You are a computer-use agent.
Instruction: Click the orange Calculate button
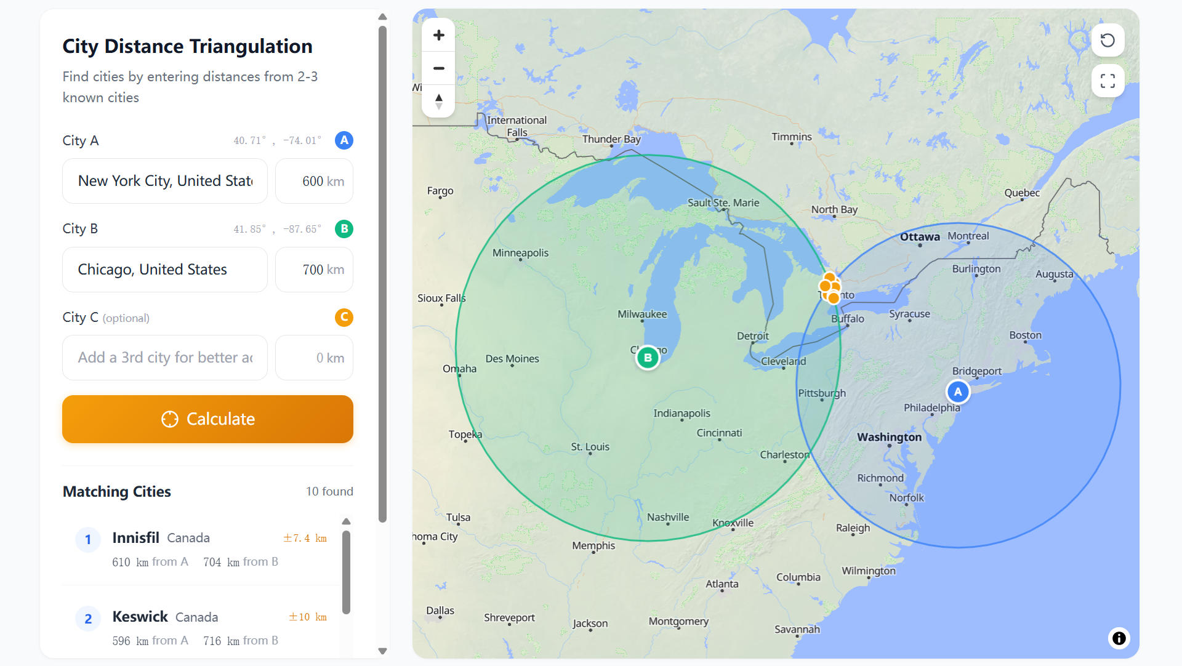tap(207, 419)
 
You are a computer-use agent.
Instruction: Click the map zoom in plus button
tap(438, 35)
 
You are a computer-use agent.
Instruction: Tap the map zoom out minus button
tap(438, 68)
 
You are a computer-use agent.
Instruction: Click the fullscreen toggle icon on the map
tap(1108, 81)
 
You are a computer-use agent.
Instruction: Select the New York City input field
tap(165, 181)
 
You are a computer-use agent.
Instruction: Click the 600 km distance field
tap(314, 181)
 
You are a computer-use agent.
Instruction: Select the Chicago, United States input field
tap(165, 270)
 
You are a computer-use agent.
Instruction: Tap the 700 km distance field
tap(314, 270)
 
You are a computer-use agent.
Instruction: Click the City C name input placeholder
tap(165, 358)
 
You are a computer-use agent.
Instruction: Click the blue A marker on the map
tap(957, 391)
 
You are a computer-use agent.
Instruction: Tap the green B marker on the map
tap(648, 358)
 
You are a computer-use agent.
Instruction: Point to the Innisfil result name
tap(135, 538)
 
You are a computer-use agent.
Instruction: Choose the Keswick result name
tap(140, 617)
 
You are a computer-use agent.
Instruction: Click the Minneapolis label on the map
tap(520, 253)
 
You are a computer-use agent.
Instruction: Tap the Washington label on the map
tap(889, 437)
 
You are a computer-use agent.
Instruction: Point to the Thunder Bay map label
tap(611, 139)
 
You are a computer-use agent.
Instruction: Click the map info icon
tap(1119, 638)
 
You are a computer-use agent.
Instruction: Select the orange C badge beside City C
tap(344, 318)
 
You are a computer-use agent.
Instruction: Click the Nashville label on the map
tap(668, 517)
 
